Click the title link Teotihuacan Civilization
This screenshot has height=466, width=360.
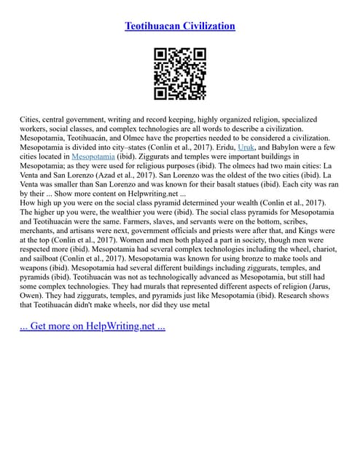(x=180, y=26)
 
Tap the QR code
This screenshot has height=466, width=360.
(x=180, y=74)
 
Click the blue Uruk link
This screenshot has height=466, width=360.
(x=247, y=146)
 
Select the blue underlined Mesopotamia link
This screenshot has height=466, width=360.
(x=95, y=156)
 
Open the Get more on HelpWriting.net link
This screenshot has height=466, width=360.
(x=92, y=325)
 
